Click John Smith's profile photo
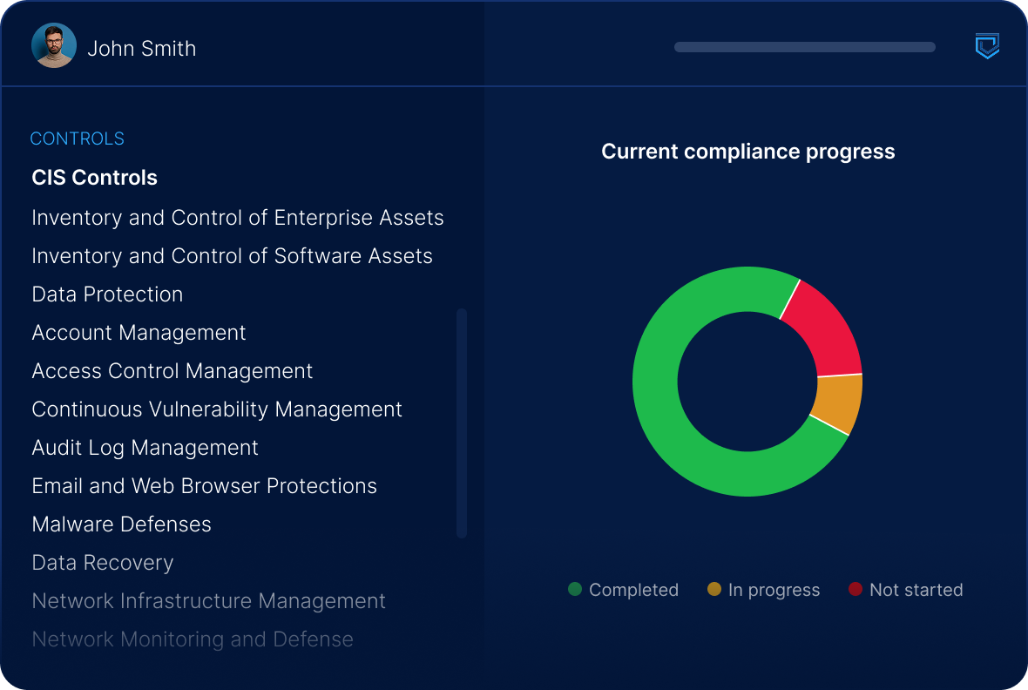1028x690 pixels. coord(54,45)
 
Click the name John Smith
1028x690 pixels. coord(141,49)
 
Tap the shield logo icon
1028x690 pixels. coord(986,46)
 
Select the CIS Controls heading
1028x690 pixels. coord(94,178)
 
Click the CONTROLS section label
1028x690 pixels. coord(77,139)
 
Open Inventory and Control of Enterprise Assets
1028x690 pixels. coord(237,218)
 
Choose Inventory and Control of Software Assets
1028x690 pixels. coord(232,256)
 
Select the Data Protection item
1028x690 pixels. coord(107,294)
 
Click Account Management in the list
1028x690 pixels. coord(139,333)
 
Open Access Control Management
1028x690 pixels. coord(172,371)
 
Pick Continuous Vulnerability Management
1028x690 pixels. coord(217,409)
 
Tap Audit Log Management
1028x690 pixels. coord(145,448)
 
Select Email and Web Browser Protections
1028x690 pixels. coord(204,486)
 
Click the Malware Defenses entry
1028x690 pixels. coord(121,524)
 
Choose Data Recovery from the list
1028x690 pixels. coord(103,563)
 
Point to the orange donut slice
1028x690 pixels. coord(837,402)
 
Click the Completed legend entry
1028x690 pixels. coord(623,590)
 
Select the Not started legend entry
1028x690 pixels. coord(906,590)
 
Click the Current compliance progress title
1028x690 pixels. coord(747,152)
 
